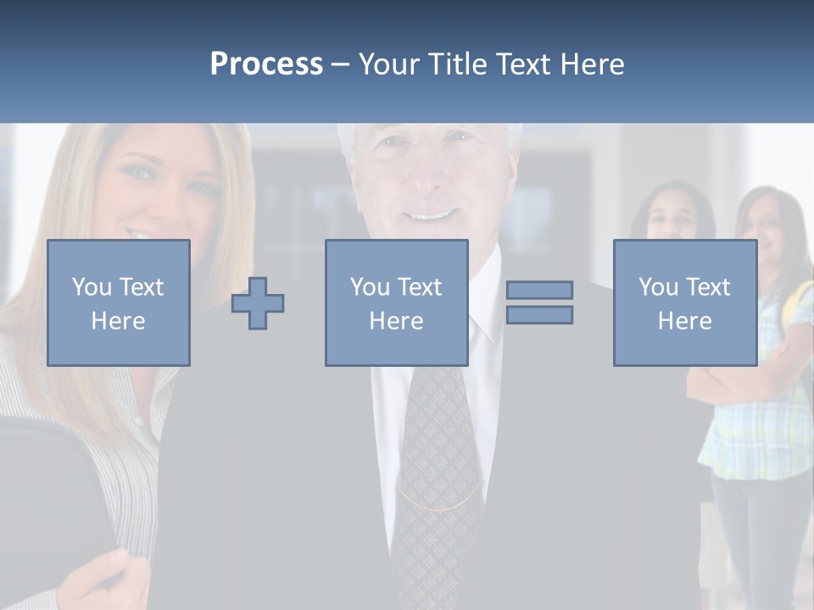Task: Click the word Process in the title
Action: point(266,64)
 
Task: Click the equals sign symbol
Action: point(539,302)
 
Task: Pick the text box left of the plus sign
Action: point(119,302)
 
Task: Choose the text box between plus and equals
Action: point(396,302)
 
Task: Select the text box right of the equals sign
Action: point(684,302)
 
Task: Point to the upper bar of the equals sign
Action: point(539,291)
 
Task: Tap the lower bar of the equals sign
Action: point(539,314)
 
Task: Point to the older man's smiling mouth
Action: point(432,216)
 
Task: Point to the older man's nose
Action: point(428,182)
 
